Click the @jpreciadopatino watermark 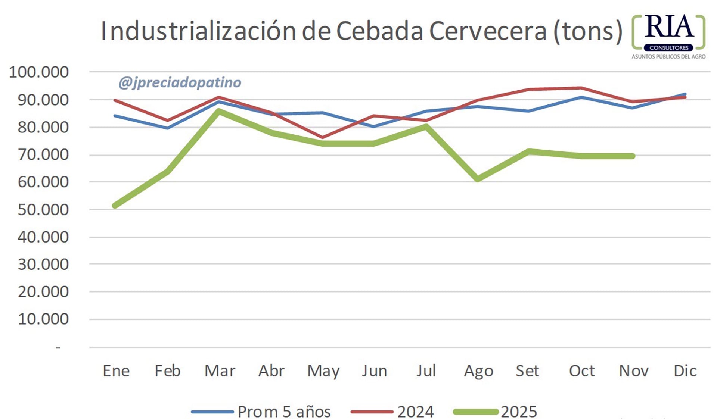[180, 82]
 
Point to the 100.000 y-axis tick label [39, 72]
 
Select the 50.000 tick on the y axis [43, 210]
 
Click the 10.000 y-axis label [43, 319]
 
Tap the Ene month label [116, 371]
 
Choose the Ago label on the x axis [478, 371]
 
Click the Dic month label [685, 371]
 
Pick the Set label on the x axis [527, 371]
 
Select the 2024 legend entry [415, 412]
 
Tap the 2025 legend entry [519, 412]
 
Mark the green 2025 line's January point [115, 206]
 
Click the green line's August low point [478, 179]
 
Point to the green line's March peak [219, 111]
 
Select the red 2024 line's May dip [322, 137]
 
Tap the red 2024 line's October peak [581, 88]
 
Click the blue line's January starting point [115, 116]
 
